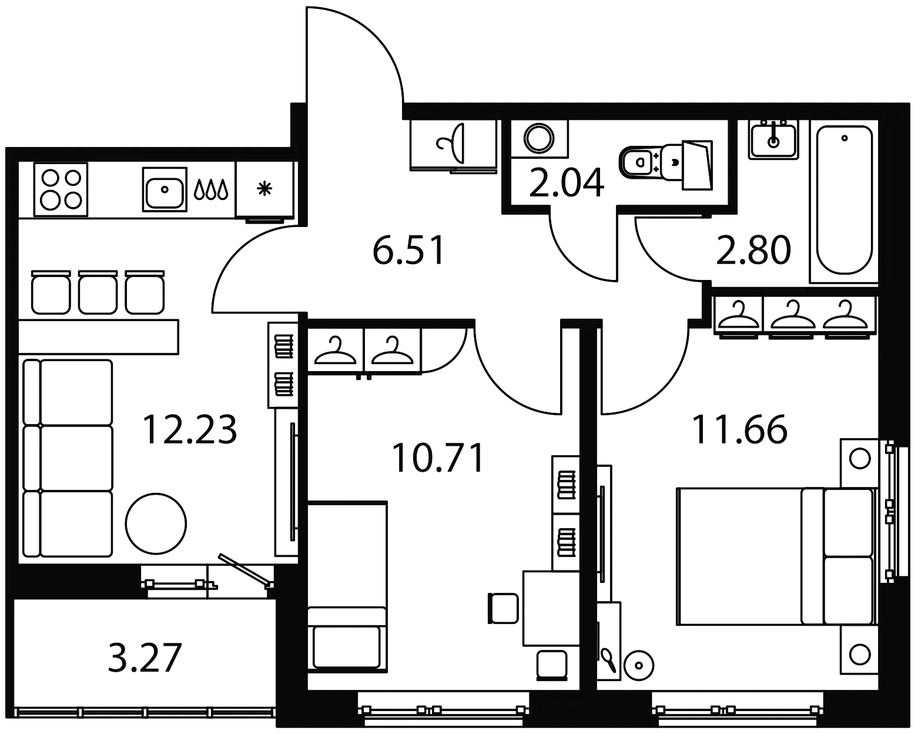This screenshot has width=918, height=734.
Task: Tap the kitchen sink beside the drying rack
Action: click(164, 189)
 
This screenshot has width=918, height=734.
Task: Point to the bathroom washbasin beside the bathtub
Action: click(772, 139)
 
